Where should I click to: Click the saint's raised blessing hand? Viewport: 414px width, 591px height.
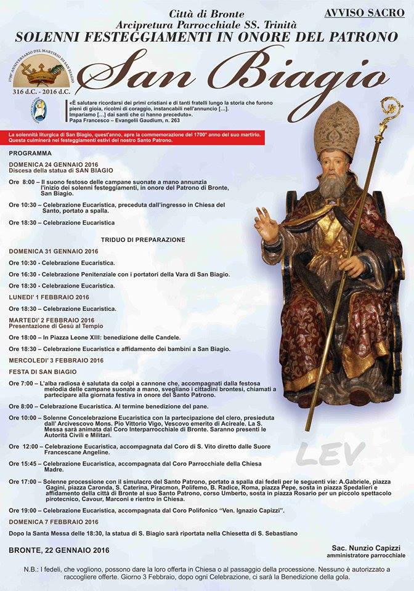pos(267,228)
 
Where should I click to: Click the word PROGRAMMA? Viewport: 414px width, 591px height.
pos(30,153)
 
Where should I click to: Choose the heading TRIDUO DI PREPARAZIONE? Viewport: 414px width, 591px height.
pos(143,239)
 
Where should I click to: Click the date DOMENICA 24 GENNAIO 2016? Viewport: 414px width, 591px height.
pos(54,164)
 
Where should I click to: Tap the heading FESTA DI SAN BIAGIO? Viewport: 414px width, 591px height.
pos(43,372)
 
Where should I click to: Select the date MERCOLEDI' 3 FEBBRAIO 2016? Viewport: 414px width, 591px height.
pos(56,360)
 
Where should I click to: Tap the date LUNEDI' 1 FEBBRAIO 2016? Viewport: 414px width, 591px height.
pos(49,297)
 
